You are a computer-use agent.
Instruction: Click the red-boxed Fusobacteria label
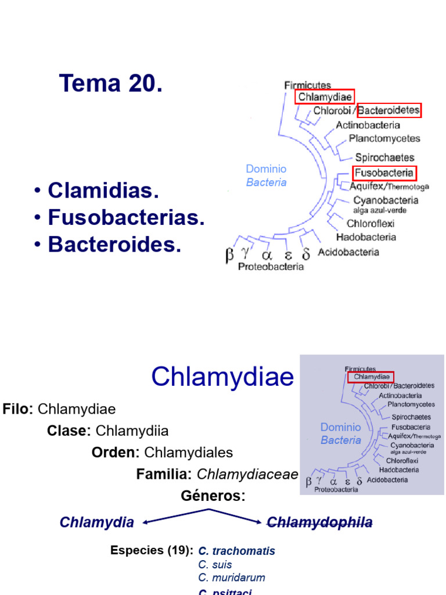click(384, 173)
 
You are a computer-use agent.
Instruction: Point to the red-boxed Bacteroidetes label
click(389, 110)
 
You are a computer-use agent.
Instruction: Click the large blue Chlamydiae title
click(222, 378)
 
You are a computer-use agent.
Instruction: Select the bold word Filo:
click(18, 409)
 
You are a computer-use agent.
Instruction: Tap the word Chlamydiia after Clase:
click(132, 431)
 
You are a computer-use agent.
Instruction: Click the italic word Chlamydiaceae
click(247, 475)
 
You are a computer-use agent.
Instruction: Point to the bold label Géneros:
click(213, 496)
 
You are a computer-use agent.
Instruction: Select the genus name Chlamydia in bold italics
click(96, 522)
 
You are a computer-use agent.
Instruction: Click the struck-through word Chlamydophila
click(319, 522)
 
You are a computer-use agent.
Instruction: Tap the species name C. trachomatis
click(236, 551)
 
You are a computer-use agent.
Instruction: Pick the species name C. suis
click(215, 565)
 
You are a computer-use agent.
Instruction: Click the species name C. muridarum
click(232, 578)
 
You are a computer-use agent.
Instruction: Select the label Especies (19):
click(151, 550)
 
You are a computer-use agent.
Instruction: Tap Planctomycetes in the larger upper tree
click(384, 139)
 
